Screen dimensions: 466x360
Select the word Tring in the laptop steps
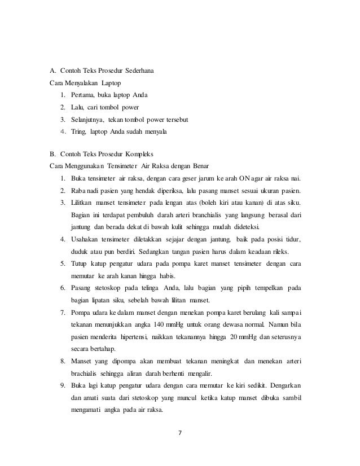(78, 132)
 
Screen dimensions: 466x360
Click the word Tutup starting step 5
(80, 263)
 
